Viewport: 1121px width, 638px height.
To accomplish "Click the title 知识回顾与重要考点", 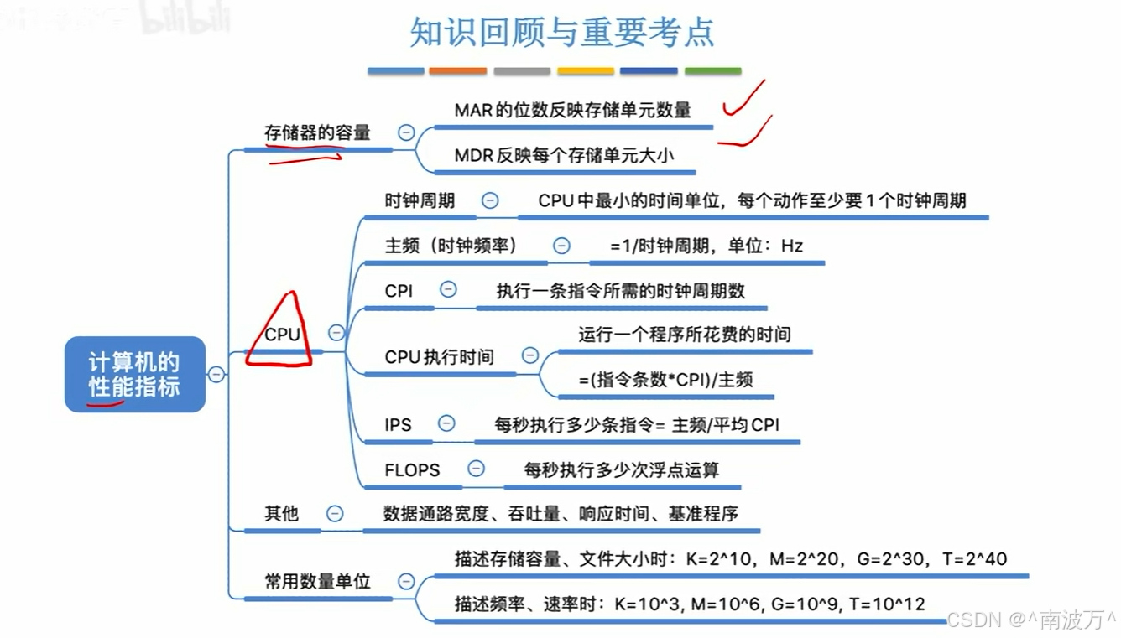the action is (x=561, y=33).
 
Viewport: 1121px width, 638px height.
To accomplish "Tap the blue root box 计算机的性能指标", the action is (x=134, y=374).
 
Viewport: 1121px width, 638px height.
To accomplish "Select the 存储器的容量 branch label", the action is (x=317, y=132).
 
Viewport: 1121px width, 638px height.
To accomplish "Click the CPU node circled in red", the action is (x=282, y=334).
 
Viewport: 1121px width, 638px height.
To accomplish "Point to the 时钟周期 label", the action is (x=420, y=200).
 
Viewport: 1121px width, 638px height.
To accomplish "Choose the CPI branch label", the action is (x=399, y=290).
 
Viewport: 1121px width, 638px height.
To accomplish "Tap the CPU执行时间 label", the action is (x=439, y=356).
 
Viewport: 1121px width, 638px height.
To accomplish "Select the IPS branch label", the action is (x=398, y=424).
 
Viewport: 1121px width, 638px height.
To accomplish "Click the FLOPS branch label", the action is (x=412, y=469).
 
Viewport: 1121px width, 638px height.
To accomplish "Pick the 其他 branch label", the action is (x=281, y=513).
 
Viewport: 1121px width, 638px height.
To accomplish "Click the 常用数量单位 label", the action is (x=317, y=581).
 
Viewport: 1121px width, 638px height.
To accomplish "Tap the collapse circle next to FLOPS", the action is (x=476, y=469).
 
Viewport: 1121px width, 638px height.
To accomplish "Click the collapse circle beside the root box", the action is (x=216, y=374).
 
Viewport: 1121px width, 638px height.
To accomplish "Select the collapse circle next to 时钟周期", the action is (x=490, y=200).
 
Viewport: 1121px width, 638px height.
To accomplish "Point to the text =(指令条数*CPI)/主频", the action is (x=665, y=379).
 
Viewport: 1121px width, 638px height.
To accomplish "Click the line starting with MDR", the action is (x=564, y=155).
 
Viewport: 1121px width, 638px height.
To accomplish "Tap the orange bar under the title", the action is (x=457, y=71).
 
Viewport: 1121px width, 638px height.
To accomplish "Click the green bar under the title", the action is (x=712, y=71).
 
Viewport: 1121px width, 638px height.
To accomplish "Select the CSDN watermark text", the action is (x=1031, y=620).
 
